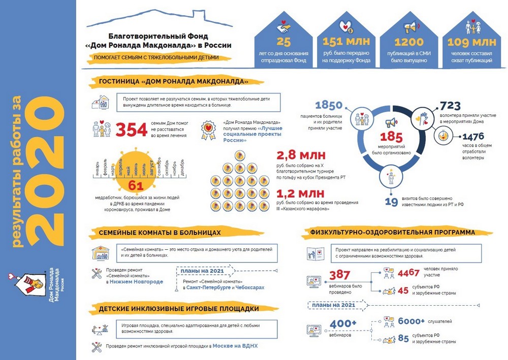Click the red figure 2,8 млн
click(x=301, y=155)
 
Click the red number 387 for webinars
click(x=340, y=275)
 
